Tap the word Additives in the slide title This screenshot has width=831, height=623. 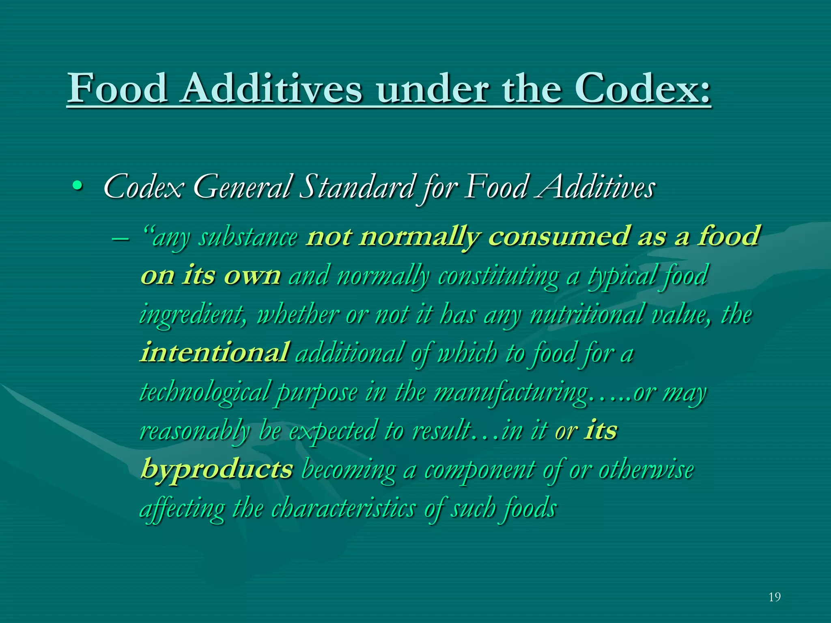(x=271, y=88)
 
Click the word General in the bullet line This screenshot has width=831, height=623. (x=243, y=187)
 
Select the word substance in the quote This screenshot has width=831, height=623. (x=248, y=237)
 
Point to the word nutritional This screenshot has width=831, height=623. (x=587, y=314)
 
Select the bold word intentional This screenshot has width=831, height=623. (x=215, y=352)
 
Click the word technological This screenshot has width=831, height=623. (x=205, y=392)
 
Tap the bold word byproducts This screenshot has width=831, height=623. (x=217, y=470)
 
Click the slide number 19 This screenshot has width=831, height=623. (x=774, y=597)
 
